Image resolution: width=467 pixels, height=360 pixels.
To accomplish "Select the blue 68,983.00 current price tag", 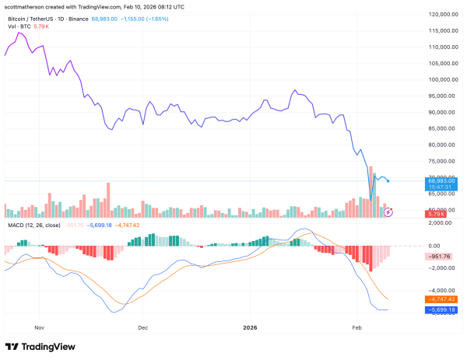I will click(x=441, y=180).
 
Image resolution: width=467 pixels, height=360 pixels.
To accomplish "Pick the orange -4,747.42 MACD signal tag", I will click(x=442, y=299).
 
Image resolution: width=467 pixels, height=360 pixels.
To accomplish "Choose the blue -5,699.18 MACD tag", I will click(x=442, y=309).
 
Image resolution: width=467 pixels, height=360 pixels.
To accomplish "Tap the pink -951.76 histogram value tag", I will click(x=441, y=256).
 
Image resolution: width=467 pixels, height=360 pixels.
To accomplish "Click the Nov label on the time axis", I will click(x=41, y=329).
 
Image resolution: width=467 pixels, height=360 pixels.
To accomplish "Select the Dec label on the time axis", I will click(x=142, y=329).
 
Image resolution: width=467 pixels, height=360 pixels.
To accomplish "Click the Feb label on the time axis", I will click(x=358, y=329).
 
